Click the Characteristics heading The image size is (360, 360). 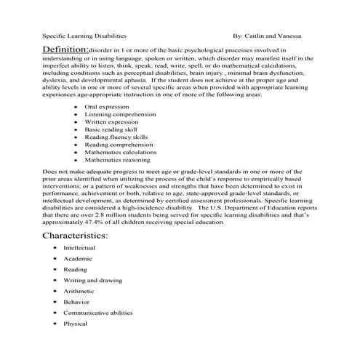click(x=75, y=236)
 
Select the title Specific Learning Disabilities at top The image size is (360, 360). click(x=84, y=34)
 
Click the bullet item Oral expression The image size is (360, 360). click(x=106, y=107)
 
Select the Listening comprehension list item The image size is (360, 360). click(x=116, y=116)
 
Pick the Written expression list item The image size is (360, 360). click(x=110, y=126)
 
